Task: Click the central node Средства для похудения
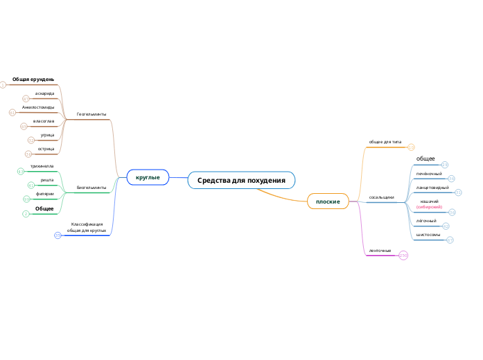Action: click(241, 180)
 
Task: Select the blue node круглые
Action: click(148, 178)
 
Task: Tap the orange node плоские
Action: click(328, 201)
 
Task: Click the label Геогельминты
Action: click(91, 114)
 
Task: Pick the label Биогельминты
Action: click(91, 187)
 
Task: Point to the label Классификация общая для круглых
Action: click(87, 227)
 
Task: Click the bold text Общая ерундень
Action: click(33, 80)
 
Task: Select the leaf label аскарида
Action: click(45, 93)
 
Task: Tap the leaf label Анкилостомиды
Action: click(38, 107)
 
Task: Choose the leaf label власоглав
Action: click(44, 121)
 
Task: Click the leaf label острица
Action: click(46, 149)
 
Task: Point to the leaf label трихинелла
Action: click(42, 166)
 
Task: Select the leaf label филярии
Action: click(45, 194)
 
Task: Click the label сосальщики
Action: click(381, 197)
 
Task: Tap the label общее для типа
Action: click(385, 142)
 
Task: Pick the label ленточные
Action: click(380, 251)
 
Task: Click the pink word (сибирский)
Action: click(429, 207)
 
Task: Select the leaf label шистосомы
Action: click(428, 235)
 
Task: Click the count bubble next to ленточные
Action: click(403, 255)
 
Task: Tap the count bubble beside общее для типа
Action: click(411, 147)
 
